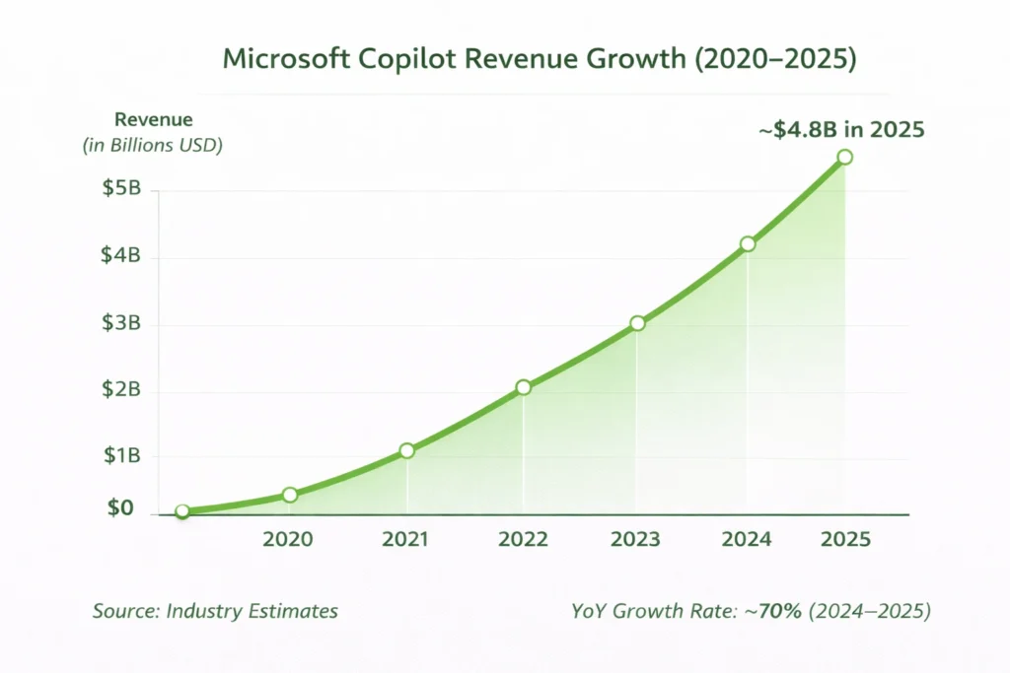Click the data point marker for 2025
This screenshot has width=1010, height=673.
(844, 157)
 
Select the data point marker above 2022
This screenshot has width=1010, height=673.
(523, 387)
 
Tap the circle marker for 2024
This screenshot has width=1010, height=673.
(748, 243)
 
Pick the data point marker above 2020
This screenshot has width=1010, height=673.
(290, 495)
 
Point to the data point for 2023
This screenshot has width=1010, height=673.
(637, 323)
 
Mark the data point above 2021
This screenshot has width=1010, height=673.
(407, 450)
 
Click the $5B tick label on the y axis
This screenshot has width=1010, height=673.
(122, 189)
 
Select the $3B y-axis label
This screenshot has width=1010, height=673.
(122, 323)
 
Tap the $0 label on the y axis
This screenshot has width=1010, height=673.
(119, 508)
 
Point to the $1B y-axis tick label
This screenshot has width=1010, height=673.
(122, 456)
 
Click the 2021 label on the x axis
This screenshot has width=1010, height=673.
(405, 540)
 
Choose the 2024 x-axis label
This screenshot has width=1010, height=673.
(747, 540)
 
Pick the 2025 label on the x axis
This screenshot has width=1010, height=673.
(846, 540)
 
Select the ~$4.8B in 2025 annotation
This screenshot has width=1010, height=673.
(841, 129)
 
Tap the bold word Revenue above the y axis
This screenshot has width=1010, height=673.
(154, 120)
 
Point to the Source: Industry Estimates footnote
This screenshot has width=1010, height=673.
(215, 611)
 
